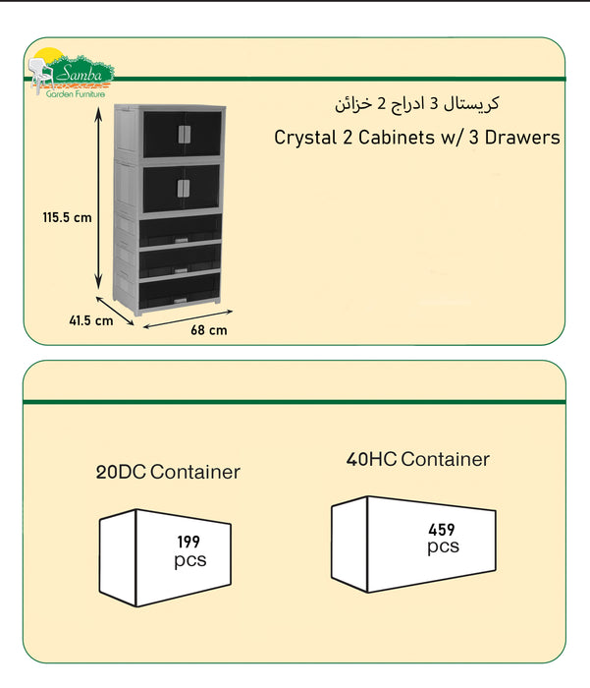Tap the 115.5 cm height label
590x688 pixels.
pos(68,217)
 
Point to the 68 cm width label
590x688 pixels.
pos(208,330)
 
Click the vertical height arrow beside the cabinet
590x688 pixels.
pos(100,197)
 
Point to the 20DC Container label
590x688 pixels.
pos(168,472)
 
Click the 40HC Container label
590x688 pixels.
pos(417,459)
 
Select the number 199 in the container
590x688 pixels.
pos(189,542)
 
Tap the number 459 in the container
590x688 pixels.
pos(442,529)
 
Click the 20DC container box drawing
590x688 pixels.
pos(165,556)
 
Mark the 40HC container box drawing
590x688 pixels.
pos(418,543)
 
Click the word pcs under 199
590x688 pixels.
pos(189,561)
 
